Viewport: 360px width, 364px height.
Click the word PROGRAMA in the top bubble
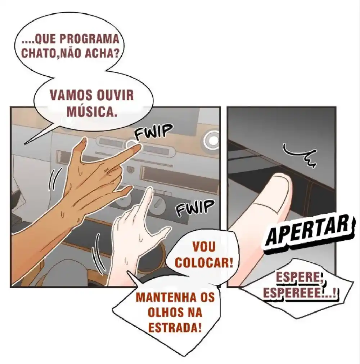(90, 39)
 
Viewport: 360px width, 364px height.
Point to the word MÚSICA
(91, 111)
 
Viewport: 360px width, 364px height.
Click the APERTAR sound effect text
(310, 233)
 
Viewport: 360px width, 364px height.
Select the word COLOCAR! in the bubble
(204, 263)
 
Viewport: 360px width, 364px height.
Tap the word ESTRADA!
(174, 328)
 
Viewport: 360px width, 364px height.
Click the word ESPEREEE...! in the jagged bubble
(300, 293)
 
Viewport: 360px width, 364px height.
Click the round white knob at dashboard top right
(212, 140)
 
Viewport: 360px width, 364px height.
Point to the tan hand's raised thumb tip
(84, 141)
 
